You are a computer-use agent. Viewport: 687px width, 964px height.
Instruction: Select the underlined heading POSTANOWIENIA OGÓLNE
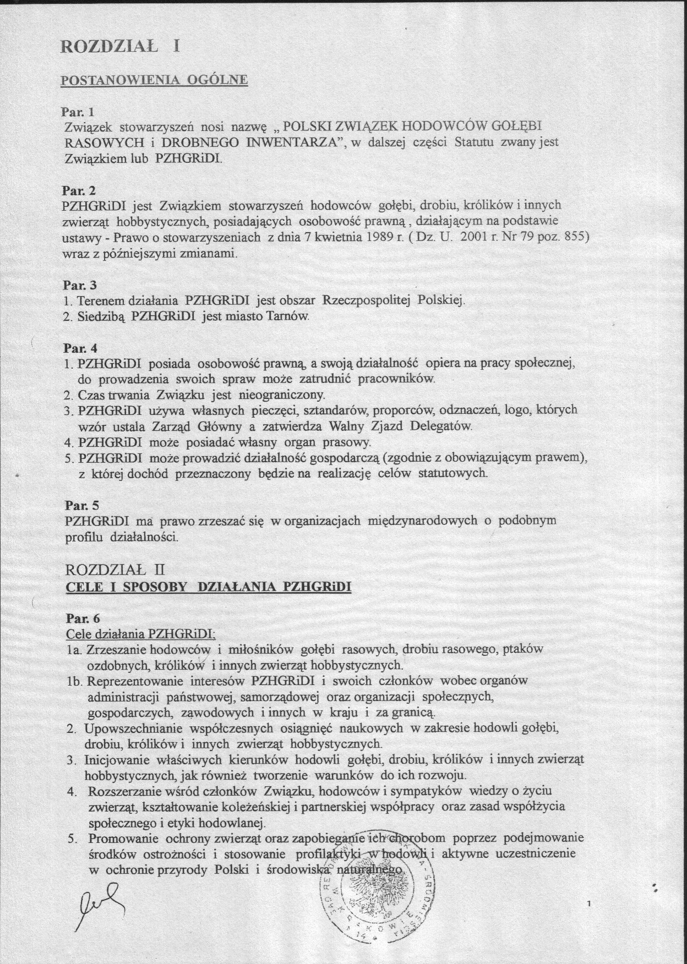pos(155,80)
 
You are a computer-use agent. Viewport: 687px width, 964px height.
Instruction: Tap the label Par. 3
pos(80,286)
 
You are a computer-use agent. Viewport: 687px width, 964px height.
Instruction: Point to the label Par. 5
pos(81,505)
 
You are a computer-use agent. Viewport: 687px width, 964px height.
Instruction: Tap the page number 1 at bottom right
pos(590,903)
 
